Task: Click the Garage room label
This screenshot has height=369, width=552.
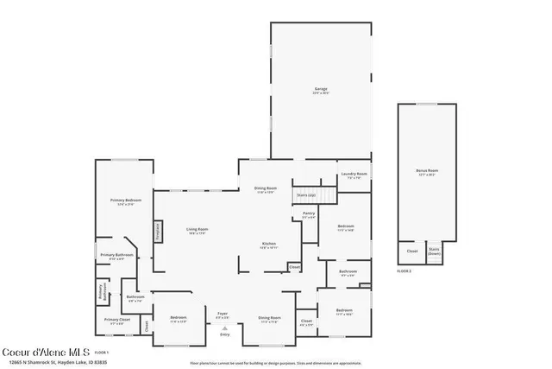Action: tap(321, 90)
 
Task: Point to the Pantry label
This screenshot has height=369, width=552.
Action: tap(308, 214)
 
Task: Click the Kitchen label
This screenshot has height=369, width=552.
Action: tap(269, 245)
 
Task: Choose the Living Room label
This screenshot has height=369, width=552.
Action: tap(198, 231)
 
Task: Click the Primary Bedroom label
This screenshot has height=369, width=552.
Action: tap(126, 201)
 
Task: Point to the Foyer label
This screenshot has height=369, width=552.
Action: tap(223, 315)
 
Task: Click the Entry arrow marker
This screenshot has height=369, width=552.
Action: tap(223, 329)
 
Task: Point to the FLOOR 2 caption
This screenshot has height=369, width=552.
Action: tap(405, 270)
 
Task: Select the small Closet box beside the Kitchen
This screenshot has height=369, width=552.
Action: tap(294, 267)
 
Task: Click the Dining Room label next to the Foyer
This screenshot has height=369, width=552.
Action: tap(269, 319)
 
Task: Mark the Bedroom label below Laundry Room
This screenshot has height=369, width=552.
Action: tap(345, 229)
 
